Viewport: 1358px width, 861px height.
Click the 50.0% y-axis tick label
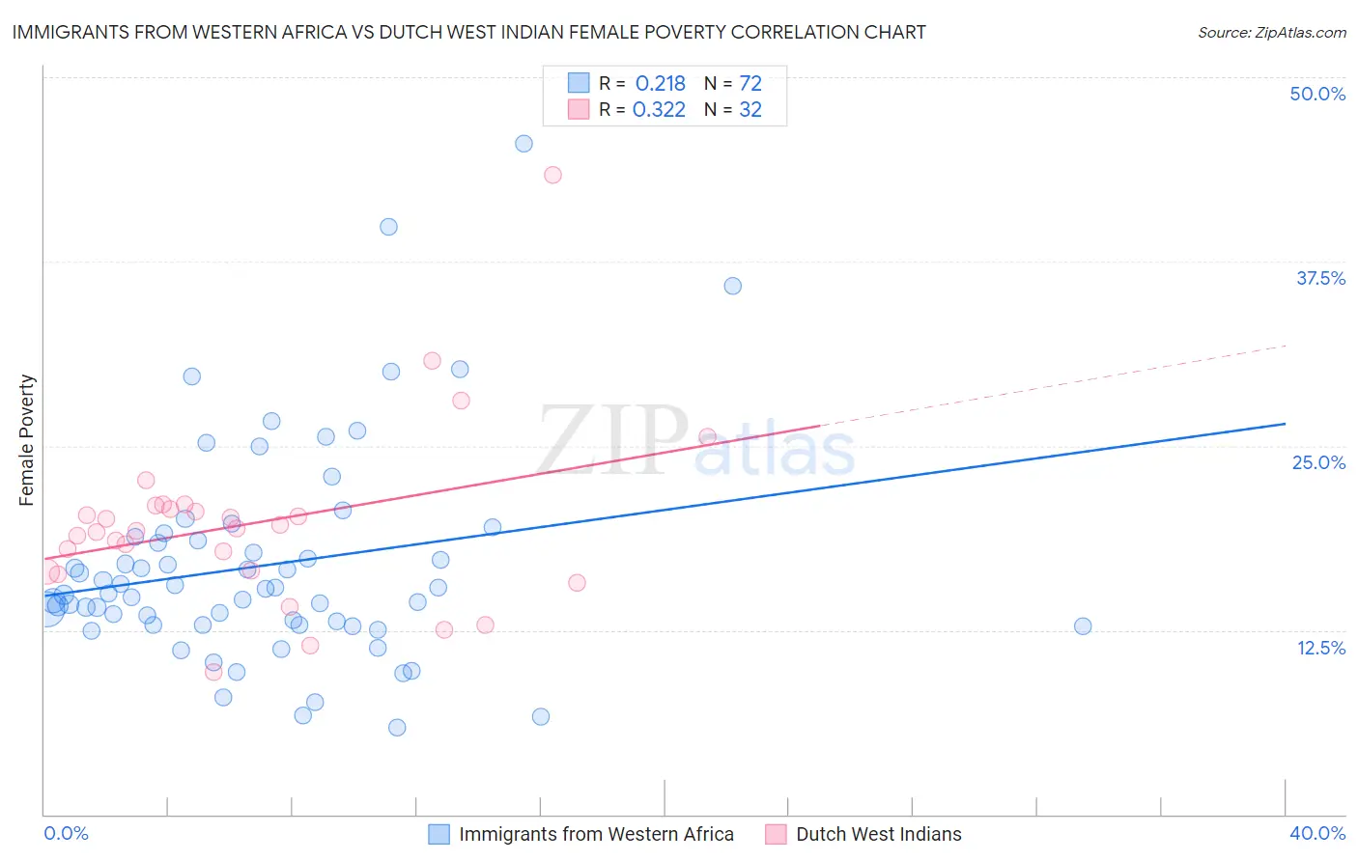tap(1317, 94)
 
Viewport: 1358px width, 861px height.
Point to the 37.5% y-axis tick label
tap(1320, 278)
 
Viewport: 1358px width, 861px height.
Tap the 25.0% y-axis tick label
tap(1318, 462)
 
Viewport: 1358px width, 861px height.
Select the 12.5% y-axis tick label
tap(1320, 648)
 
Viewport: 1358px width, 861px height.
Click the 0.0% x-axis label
tap(66, 833)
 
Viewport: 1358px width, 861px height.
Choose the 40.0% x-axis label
tap(1316, 833)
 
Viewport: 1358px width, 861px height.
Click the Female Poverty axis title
tap(26, 440)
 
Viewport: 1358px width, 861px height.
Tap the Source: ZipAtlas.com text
tap(1271, 32)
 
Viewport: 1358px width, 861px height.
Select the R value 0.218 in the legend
tap(660, 83)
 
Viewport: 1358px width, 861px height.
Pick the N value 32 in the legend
tap(750, 109)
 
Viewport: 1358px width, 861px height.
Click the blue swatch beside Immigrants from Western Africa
tap(439, 834)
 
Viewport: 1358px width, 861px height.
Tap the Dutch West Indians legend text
tap(878, 834)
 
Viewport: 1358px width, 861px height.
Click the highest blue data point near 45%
tap(523, 144)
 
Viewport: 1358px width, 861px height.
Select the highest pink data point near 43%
tap(552, 175)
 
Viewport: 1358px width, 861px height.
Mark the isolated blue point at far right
tap(1083, 625)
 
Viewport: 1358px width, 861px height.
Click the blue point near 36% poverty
tap(732, 286)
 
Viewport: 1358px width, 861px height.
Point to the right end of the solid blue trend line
tap(1285, 424)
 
